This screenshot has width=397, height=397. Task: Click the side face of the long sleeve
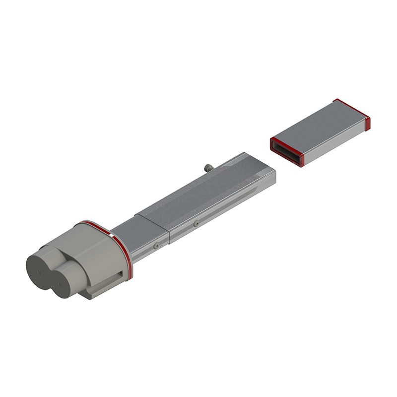(x=223, y=208)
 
